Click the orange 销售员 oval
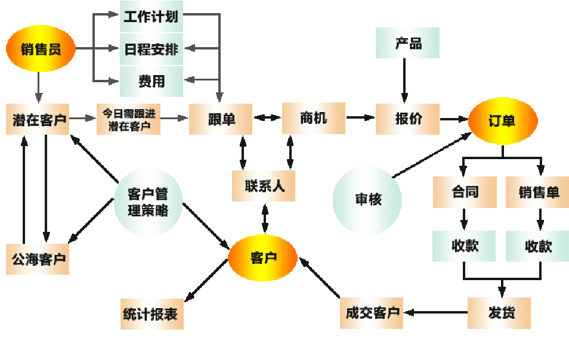pyautogui.click(x=41, y=48)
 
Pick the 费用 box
pyautogui.click(x=151, y=81)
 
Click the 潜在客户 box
pyautogui.click(x=38, y=119)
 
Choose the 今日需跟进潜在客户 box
pyautogui.click(x=128, y=119)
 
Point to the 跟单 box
pyautogui.click(x=221, y=119)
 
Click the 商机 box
pyautogui.click(x=314, y=117)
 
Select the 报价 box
pyautogui.click(x=408, y=119)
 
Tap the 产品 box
pyautogui.click(x=408, y=43)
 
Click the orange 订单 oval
pyautogui.click(x=503, y=120)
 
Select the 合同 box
pyautogui.click(x=465, y=192)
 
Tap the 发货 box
pyautogui.click(x=499, y=312)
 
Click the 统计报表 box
pyautogui.click(x=151, y=314)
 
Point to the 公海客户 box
pyautogui.click(x=38, y=259)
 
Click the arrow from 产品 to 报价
pyautogui.click(x=404, y=80)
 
